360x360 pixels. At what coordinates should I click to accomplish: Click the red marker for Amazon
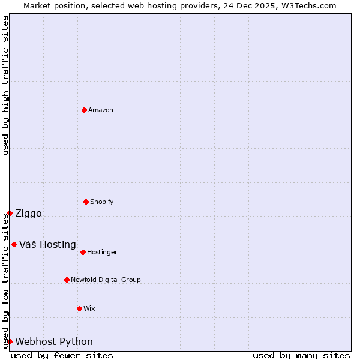pos(84,110)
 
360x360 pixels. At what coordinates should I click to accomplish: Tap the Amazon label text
pos(101,110)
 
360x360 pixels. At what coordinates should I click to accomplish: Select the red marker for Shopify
pos(86,202)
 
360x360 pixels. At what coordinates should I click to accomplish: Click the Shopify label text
pos(102,202)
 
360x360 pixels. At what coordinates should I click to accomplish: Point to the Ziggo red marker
pos(10,213)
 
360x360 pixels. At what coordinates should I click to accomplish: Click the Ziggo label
pos(28,214)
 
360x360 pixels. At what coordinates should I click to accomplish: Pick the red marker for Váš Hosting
pos(14,244)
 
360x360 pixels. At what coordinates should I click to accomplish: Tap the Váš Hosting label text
pos(47,245)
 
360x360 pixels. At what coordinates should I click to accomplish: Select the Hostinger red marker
pos(83,252)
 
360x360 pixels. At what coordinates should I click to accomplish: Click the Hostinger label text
pos(102,253)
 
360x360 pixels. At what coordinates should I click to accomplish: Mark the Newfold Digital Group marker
pos(67,280)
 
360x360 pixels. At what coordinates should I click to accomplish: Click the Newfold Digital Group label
pos(106,280)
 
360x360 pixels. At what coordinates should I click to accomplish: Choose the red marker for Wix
pos(79,308)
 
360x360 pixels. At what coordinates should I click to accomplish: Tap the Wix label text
pos(89,309)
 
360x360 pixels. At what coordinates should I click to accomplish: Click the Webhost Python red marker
pos(10,341)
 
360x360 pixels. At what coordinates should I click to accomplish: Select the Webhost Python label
pos(54,342)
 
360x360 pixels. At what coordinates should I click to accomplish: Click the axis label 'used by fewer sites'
pos(62,355)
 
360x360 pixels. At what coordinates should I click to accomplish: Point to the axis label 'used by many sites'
pos(301,355)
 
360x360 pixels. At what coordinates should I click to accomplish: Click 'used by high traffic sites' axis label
pos(5,85)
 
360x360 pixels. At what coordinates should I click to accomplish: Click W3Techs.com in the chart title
pos(306,5)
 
